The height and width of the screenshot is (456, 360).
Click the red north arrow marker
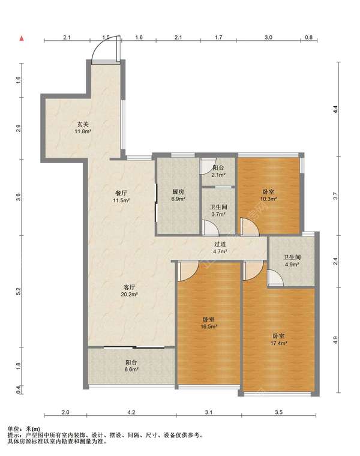click(21, 38)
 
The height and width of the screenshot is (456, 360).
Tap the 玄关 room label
click(83, 124)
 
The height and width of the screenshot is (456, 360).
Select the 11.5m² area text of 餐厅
click(121, 200)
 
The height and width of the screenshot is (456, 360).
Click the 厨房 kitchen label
click(178, 192)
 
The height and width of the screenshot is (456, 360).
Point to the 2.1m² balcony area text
click(218, 175)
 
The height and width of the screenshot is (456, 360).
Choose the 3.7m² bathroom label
click(218, 214)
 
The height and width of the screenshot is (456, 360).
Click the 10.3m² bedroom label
click(268, 199)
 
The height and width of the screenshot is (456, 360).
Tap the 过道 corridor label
click(220, 245)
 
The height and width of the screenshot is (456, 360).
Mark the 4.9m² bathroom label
click(292, 265)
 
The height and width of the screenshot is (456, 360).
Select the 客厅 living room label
click(130, 287)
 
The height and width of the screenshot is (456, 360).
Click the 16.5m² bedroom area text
click(209, 326)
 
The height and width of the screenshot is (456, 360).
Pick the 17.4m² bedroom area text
click(279, 343)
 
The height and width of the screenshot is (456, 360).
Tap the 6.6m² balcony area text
click(131, 370)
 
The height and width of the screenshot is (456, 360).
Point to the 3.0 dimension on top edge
click(268, 37)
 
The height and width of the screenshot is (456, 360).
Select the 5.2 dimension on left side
click(19, 291)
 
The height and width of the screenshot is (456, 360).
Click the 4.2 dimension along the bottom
click(131, 412)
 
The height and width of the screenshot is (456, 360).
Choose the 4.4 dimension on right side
click(335, 109)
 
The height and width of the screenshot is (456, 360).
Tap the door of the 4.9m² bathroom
click(275, 277)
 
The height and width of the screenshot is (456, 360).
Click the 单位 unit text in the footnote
click(13, 428)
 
